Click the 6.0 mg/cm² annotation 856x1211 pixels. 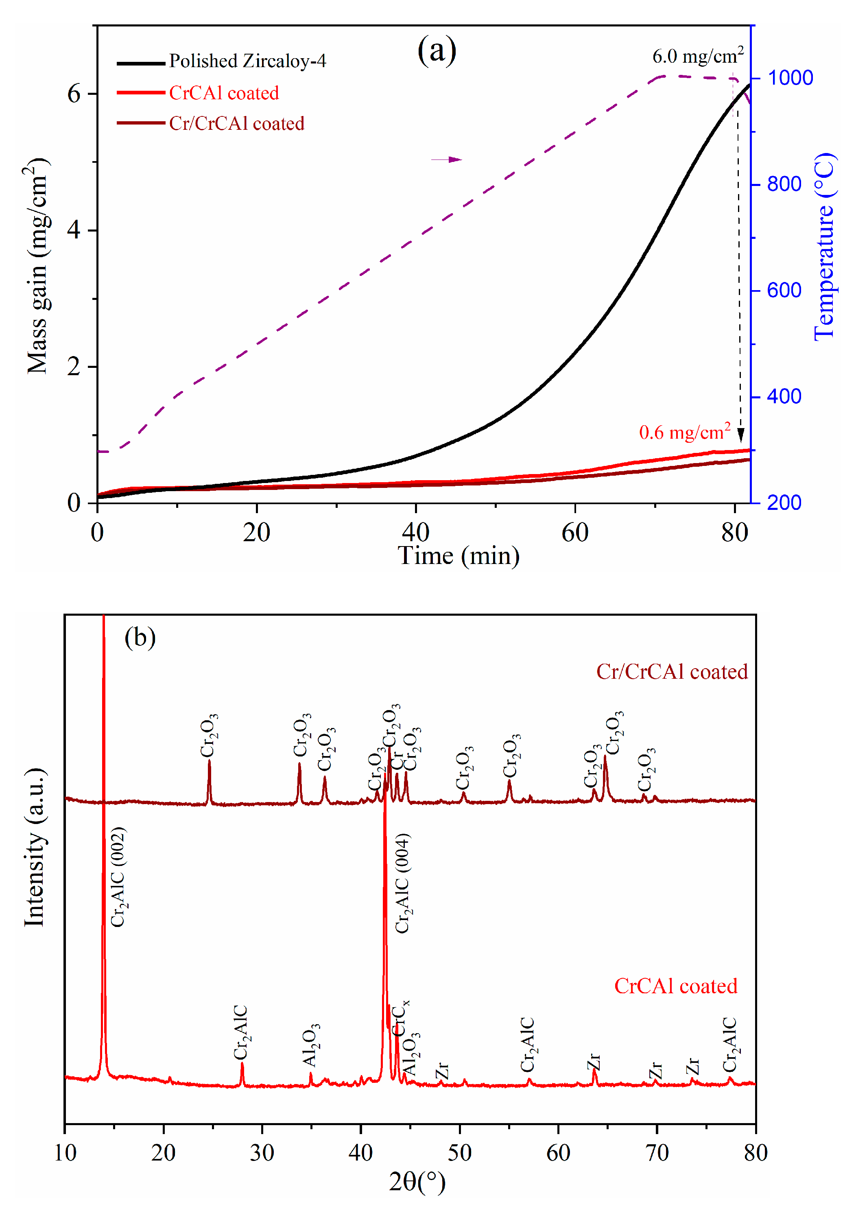(x=697, y=55)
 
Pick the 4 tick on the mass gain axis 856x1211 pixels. (x=74, y=230)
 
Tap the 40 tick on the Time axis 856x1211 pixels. (x=416, y=533)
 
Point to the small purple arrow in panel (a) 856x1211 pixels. (x=446, y=159)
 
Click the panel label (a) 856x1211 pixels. (x=436, y=50)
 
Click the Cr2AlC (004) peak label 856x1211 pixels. (x=402, y=882)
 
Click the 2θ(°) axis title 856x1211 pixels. (x=417, y=1181)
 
